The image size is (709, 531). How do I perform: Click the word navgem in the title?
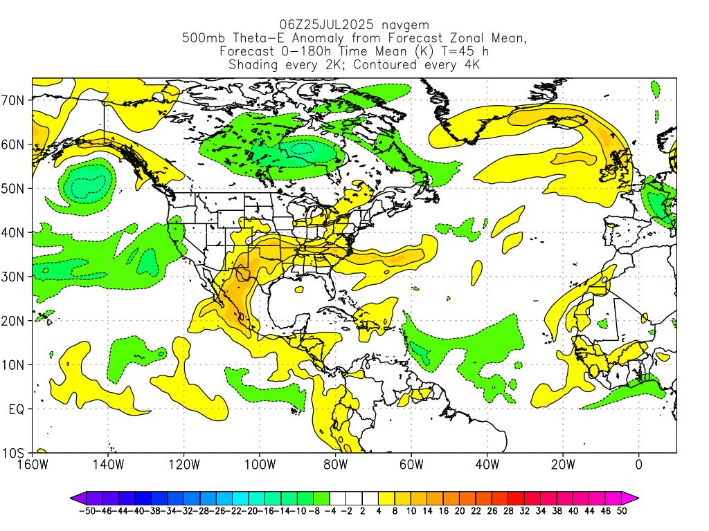pos(405,26)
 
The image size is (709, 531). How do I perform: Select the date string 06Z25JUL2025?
pos(326,24)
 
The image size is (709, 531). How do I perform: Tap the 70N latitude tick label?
pos(12,100)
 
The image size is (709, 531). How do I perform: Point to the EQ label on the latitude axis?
pos(17,409)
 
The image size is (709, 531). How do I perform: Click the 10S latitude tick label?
pos(12,454)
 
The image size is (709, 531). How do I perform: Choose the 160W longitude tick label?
pos(32,465)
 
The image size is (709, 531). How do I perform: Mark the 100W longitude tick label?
pos(260,465)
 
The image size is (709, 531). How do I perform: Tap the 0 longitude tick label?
pos(638,465)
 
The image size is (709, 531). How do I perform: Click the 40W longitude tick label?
pos(487,465)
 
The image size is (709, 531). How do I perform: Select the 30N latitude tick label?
pos(12,277)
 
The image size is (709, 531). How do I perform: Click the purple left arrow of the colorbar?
pos(78,499)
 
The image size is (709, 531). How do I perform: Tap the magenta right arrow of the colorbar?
pos(630,499)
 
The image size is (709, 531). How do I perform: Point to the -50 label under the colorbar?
pos(87,511)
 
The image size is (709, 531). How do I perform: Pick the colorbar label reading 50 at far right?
pos(622,511)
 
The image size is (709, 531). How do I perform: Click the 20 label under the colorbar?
pos(460,511)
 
